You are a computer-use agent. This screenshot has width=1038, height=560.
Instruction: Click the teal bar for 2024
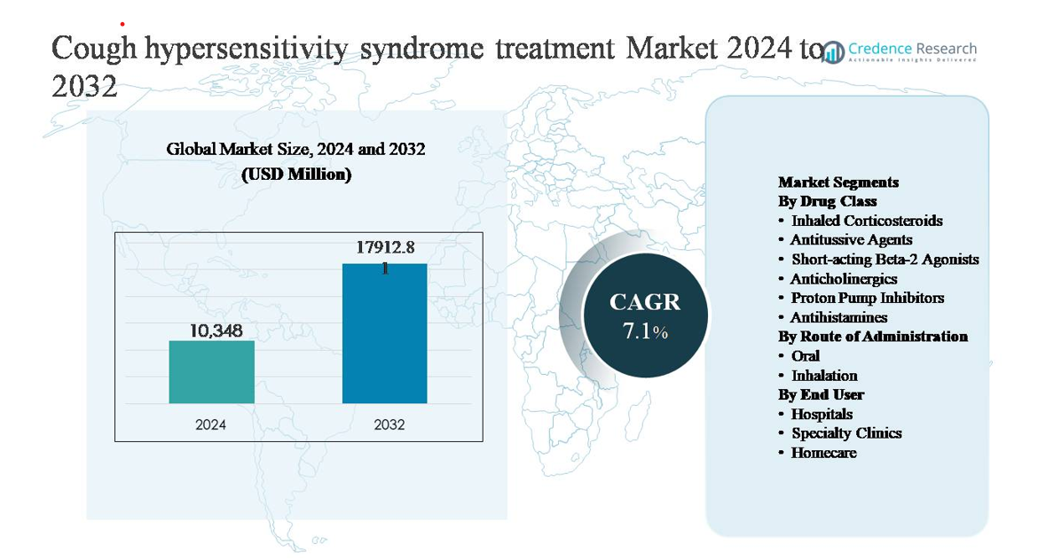pyautogui.click(x=211, y=372)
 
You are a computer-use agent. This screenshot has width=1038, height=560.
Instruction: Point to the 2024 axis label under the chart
pyautogui.click(x=211, y=424)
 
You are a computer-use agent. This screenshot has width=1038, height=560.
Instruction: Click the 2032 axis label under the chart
pyautogui.click(x=389, y=424)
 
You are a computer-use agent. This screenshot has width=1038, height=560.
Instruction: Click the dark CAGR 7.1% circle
pyautogui.click(x=645, y=315)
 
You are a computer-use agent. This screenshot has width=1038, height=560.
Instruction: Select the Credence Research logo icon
pyautogui.click(x=832, y=52)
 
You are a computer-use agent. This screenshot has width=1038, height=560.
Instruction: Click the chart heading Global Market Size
pyautogui.click(x=295, y=149)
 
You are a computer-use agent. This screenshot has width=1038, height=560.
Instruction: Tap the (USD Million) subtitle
pyautogui.click(x=296, y=175)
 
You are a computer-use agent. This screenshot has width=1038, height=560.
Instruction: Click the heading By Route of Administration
pyautogui.click(x=873, y=337)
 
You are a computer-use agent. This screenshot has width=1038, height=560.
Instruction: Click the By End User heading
pyautogui.click(x=821, y=394)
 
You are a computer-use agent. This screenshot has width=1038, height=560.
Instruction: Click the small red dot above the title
pyautogui.click(x=122, y=24)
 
